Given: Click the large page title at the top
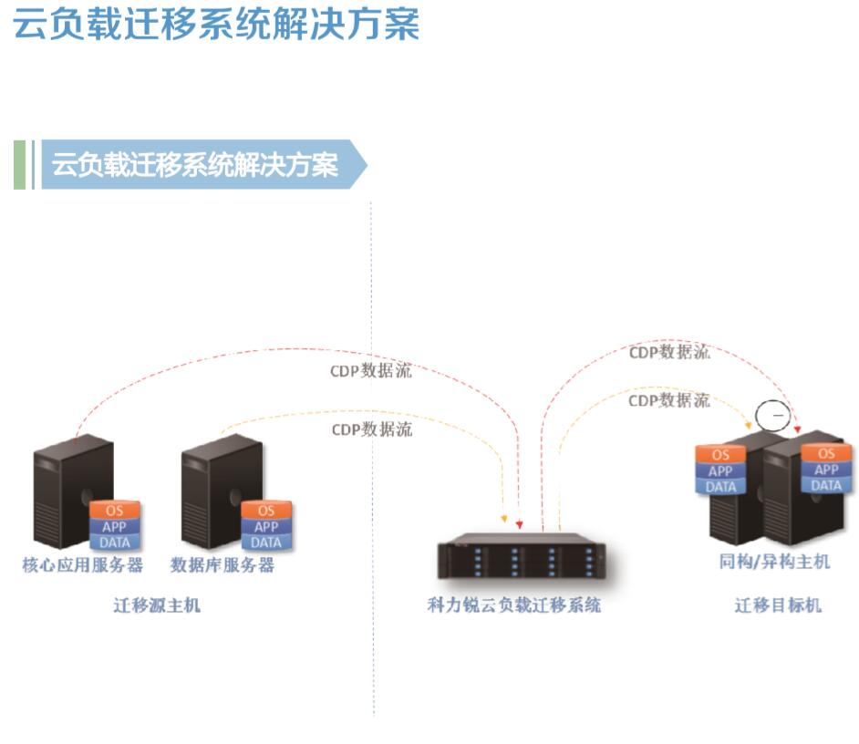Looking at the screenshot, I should tap(217, 24).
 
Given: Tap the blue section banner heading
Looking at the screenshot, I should tap(195, 165).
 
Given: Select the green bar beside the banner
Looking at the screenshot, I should tap(20, 165).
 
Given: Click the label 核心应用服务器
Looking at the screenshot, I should tap(83, 565).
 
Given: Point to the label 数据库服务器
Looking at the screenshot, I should tap(223, 565).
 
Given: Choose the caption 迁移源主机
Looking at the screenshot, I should tap(156, 604).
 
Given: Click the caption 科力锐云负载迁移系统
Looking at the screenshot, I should tap(514, 604).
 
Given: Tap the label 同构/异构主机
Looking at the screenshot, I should tap(774, 562).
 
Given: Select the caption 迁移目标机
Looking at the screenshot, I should tap(778, 604).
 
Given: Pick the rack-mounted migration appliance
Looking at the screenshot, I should tap(521, 559).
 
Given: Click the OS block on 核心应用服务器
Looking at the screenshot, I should tap(114, 511).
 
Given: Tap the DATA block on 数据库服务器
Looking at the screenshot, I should tap(266, 542).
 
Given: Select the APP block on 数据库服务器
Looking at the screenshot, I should tap(266, 526).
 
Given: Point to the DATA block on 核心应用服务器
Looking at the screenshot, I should tap(114, 542).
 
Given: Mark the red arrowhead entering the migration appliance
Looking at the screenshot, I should tap(519, 523).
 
